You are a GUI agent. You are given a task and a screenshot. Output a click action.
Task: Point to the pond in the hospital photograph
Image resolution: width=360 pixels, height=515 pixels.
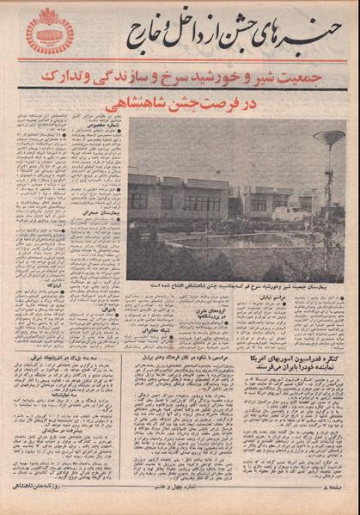pos(232,243)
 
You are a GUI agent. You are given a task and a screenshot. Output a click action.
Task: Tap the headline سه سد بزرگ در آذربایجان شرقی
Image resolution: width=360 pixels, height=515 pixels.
pos(68,356)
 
